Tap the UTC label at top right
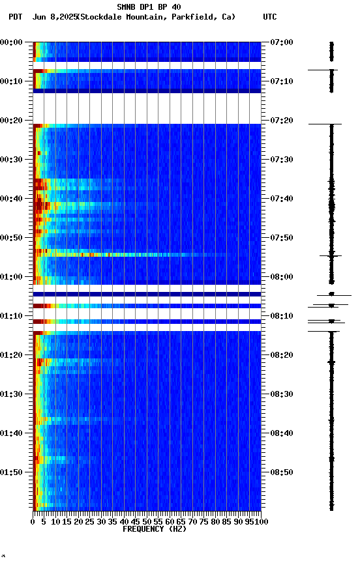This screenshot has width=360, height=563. [270, 17]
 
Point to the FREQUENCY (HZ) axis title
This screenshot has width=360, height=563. [154, 529]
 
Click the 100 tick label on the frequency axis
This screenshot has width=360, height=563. [262, 522]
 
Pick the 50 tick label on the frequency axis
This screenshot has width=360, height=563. [147, 522]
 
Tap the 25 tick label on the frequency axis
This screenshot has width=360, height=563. [90, 522]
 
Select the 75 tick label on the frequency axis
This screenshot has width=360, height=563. [204, 522]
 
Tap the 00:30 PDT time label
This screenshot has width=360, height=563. [12, 160]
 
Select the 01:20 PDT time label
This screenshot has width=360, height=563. [12, 355]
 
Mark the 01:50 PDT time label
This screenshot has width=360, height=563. [12, 472]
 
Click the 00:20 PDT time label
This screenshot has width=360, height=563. [12, 121]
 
